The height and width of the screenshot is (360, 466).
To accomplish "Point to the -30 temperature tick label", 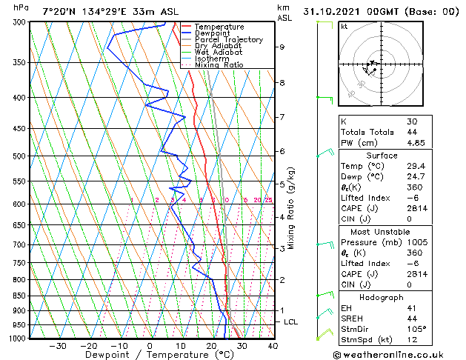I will pos(58,346).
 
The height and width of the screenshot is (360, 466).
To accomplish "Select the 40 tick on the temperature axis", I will pos(273,346).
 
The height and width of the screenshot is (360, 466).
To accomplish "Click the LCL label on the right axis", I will pos(291,322).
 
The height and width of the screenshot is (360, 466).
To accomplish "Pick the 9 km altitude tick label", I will pos(282,47).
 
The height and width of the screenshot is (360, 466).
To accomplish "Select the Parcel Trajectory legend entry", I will pos(228,40).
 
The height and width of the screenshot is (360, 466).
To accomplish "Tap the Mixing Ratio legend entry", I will pos(219,66).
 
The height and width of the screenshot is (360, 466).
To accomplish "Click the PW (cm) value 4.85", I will pos(416,144).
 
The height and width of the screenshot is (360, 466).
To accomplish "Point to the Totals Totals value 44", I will pos(412,132).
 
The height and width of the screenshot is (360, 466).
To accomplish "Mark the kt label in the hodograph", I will pos(344,27).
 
